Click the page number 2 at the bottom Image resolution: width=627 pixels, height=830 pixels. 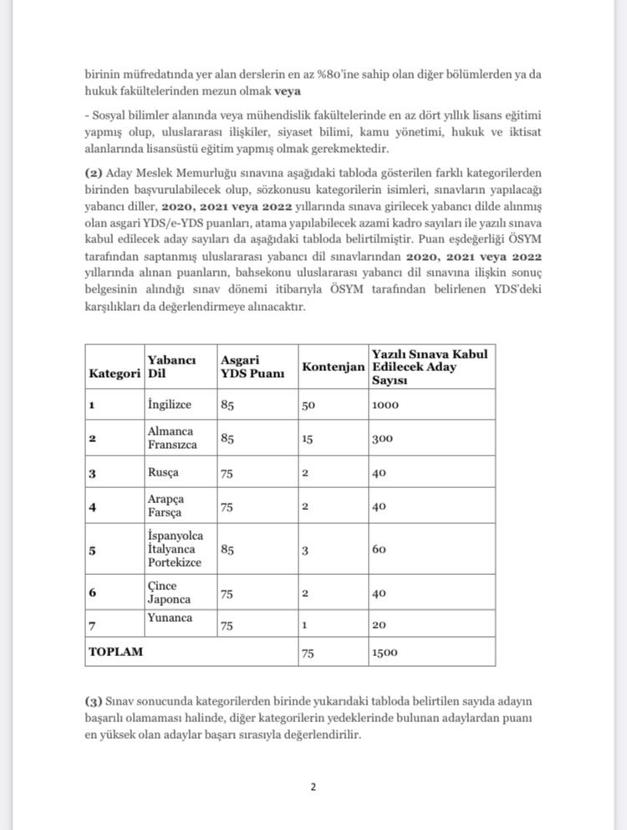(313, 787)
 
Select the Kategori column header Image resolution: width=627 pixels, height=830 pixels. (115, 374)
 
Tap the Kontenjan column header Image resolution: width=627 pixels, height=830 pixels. (333, 367)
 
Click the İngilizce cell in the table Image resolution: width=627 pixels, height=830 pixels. (170, 405)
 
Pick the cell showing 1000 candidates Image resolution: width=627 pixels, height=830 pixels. (386, 405)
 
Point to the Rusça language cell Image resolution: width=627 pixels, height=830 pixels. (163, 472)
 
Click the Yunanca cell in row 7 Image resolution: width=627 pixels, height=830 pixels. (170, 618)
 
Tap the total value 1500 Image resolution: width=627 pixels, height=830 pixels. (386, 653)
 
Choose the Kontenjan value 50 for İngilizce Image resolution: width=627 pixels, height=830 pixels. (308, 405)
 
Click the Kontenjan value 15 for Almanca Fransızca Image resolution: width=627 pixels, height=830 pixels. (308, 438)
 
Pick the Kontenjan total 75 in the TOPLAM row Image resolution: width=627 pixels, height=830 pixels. (308, 653)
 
